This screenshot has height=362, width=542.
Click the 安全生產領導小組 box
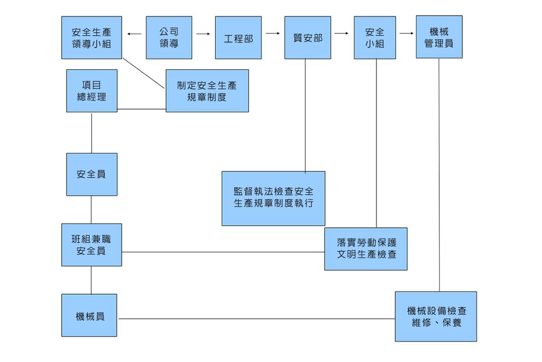[92, 38]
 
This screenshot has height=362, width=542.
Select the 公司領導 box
[169, 38]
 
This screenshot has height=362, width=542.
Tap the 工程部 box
[238, 38]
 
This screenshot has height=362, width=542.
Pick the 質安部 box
[308, 38]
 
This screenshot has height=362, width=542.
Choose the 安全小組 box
[375, 38]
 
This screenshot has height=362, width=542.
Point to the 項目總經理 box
[92, 90]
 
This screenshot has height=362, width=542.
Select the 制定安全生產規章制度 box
[207, 90]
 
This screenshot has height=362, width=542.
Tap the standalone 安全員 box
[92, 174]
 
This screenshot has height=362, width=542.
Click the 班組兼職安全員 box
[92, 245]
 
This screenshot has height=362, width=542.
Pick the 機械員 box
[89, 315]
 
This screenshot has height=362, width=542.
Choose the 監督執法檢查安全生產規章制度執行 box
[273, 198]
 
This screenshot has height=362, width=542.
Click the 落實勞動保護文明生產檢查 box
[366, 249]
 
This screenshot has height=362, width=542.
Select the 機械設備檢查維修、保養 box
[436, 316]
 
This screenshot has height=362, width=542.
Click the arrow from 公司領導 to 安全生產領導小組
[134, 33]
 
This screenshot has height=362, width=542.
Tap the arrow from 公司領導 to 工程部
[203, 33]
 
